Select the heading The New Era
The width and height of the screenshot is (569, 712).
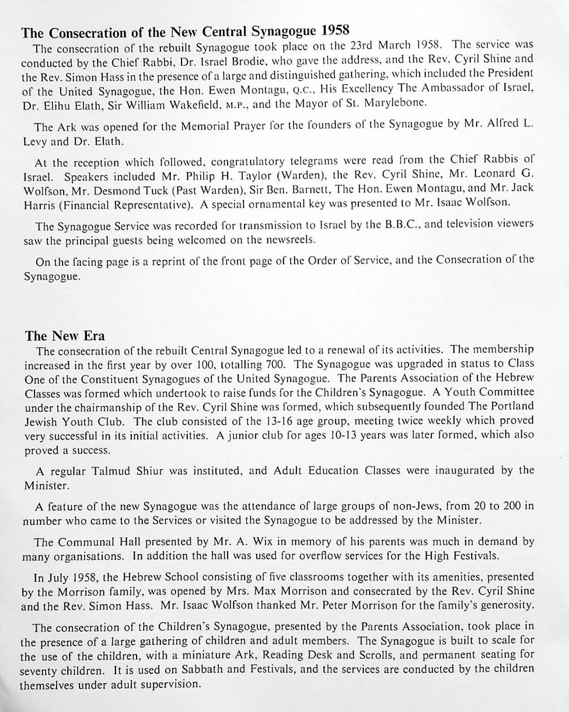[x=65, y=336]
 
